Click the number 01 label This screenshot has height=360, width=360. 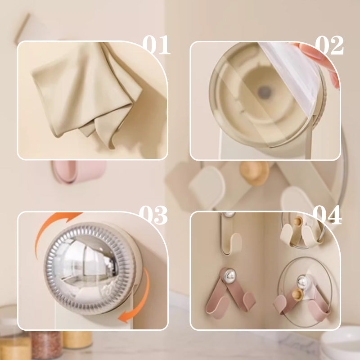pos(156,45)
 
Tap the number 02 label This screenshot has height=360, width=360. pos(329,45)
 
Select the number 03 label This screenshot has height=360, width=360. pos(153,215)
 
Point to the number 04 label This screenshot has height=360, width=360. pos(327,215)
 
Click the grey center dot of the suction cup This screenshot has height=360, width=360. pos(264,92)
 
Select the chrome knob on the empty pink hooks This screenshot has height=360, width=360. pos(230,275)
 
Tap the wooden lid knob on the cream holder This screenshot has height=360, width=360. pos(298,221)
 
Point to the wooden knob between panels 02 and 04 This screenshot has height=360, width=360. pos(254,173)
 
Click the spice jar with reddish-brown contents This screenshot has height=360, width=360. pos(46,344)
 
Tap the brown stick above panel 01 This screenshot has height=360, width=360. pos(22,28)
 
